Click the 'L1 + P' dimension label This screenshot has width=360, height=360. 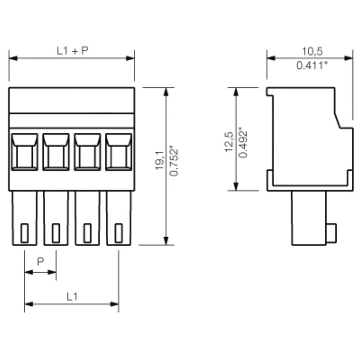coord(72,51)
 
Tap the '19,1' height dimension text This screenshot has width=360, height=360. coord(159,161)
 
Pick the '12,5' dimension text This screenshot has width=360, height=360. coord(229,142)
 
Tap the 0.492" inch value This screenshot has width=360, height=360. coord(243,142)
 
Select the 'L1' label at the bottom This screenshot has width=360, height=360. coord(72,297)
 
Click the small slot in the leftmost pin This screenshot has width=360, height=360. coord(25,233)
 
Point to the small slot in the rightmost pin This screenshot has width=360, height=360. coord(119,233)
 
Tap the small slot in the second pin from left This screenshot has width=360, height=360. coord(56,233)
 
